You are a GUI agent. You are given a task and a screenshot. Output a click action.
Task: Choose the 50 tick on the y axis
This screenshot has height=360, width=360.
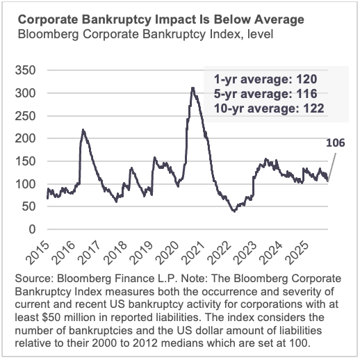[28, 206]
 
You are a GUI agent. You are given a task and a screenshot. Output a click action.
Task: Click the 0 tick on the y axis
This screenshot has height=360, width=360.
[31, 229]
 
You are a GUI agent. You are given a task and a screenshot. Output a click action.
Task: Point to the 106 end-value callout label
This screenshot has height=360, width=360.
[335, 144]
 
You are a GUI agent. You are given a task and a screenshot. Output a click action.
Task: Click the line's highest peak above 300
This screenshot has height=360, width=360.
[193, 88]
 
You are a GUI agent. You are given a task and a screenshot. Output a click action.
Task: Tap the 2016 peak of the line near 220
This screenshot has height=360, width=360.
[83, 130]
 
